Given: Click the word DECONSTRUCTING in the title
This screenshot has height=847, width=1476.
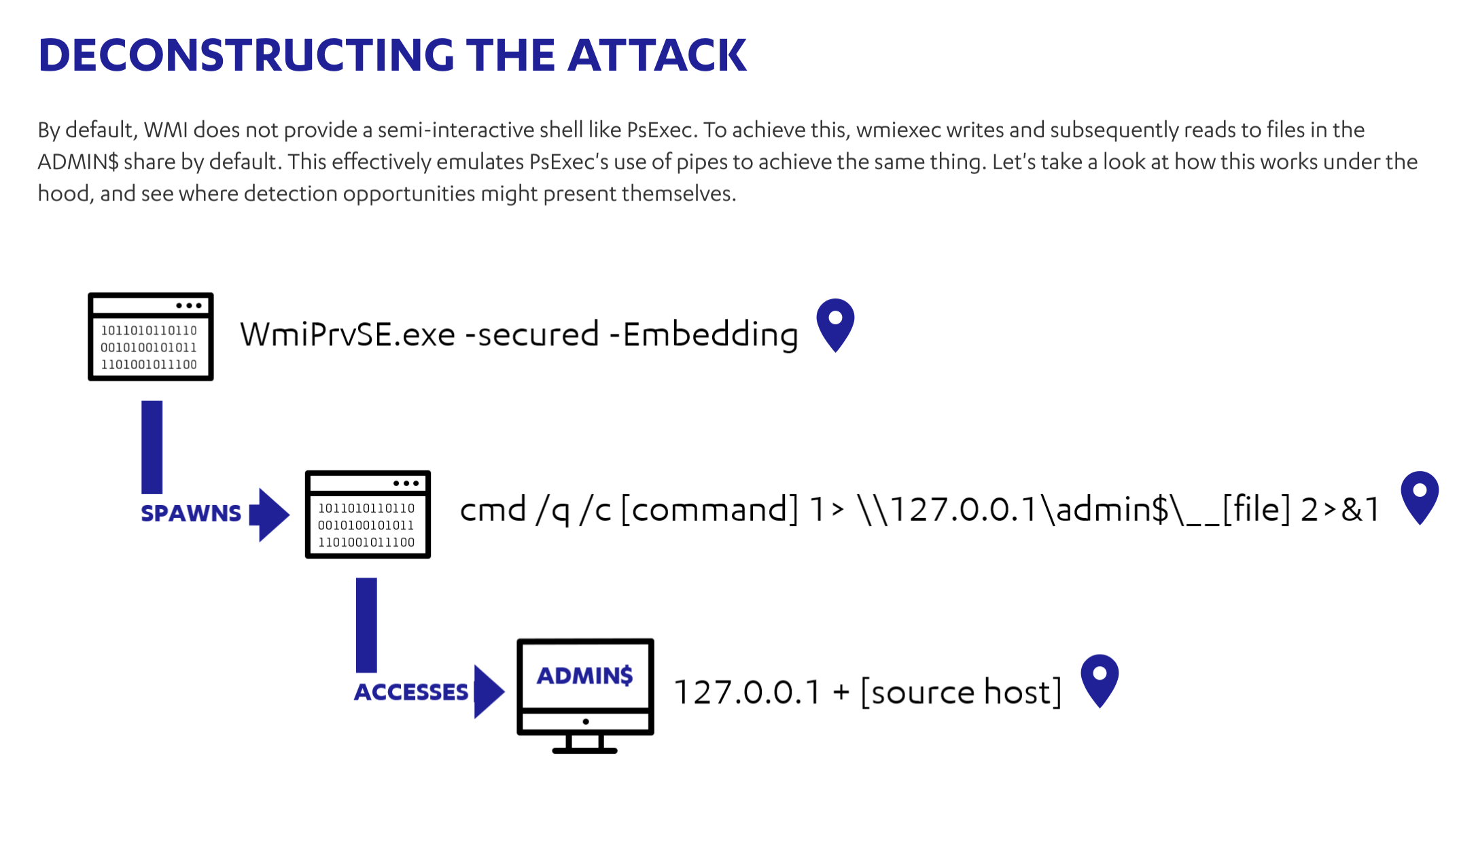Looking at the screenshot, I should coord(246,55).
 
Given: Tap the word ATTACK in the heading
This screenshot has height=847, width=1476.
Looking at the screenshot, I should coord(656,55).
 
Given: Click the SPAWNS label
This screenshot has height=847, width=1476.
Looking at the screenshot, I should coord(191,513).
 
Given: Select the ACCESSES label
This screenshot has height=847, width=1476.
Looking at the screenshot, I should coord(411,692).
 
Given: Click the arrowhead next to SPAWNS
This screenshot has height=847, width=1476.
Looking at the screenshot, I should coord(272,515).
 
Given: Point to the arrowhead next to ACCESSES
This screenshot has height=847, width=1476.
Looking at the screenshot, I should coord(488,691).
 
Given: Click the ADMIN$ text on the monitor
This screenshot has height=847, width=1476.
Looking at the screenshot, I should coord(585,675).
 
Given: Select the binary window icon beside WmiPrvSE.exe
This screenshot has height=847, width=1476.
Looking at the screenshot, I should coord(151,337).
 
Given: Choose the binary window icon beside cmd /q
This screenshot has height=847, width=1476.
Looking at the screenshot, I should coord(368,515).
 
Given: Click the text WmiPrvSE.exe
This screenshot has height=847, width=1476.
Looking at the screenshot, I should coord(347,334).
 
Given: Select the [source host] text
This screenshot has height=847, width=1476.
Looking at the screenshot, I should coord(961,693).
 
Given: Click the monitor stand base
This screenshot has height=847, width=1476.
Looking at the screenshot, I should coord(584,750).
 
